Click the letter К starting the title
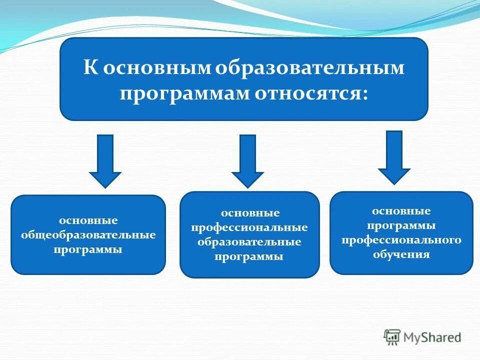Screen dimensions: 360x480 [90, 68]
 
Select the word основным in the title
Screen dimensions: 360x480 [156, 68]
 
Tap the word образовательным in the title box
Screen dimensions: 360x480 [310, 68]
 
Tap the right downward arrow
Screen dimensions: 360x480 [394, 157]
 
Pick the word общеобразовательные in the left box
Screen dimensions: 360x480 [88, 234]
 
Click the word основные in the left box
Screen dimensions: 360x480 [88, 220]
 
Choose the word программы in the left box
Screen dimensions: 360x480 [88, 249]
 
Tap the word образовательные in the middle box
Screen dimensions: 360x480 [249, 242]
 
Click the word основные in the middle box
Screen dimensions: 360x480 [250, 213]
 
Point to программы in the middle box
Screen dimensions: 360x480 [249, 257]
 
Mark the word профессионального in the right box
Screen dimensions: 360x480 [401, 240]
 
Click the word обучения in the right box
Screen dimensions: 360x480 [401, 254]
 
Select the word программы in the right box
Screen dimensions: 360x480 [401, 225]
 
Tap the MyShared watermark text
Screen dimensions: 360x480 [433, 337]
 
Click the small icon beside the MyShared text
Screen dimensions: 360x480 [393, 337]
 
